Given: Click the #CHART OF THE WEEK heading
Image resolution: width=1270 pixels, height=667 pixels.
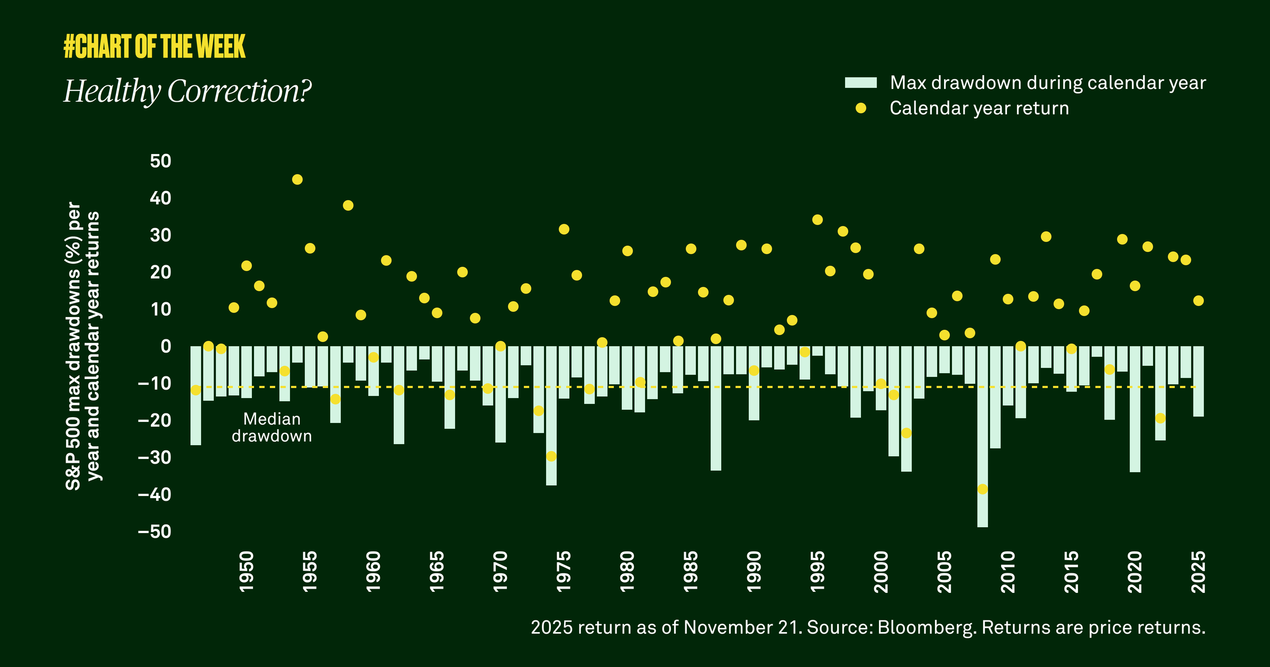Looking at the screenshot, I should (154, 47).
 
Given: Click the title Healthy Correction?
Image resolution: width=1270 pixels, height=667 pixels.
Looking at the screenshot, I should (187, 91).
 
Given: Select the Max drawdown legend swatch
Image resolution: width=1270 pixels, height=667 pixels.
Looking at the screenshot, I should (860, 83).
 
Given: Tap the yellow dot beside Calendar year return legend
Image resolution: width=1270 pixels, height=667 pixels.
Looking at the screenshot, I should (860, 108).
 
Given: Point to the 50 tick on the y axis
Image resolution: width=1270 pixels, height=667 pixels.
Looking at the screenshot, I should (160, 161).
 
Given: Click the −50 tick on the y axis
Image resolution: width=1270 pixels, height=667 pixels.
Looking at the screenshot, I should (155, 531).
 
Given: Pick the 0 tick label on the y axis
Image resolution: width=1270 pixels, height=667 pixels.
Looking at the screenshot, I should (166, 346).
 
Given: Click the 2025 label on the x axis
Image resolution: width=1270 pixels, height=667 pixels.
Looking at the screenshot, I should (1198, 572).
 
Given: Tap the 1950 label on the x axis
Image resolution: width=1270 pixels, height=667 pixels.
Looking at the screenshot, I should (247, 572).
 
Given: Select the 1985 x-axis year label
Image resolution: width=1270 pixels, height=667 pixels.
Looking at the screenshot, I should (691, 572).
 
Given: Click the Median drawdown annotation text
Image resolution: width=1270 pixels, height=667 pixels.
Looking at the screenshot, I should (271, 427).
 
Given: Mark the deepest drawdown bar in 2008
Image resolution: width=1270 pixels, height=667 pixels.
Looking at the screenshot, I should (982, 437).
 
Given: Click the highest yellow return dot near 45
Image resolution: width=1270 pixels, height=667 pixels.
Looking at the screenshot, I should (297, 179).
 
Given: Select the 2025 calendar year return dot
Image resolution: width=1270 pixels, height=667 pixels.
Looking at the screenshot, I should (1199, 301).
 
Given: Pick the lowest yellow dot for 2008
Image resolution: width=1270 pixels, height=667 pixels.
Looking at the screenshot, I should (983, 489).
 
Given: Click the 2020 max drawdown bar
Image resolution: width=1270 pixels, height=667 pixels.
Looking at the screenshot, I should (1135, 409).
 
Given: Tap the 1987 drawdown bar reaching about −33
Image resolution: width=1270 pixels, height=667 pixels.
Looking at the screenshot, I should (715, 408).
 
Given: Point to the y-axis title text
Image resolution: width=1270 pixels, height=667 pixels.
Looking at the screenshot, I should (82, 346).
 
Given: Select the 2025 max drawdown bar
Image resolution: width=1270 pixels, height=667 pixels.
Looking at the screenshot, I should (1199, 381).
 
